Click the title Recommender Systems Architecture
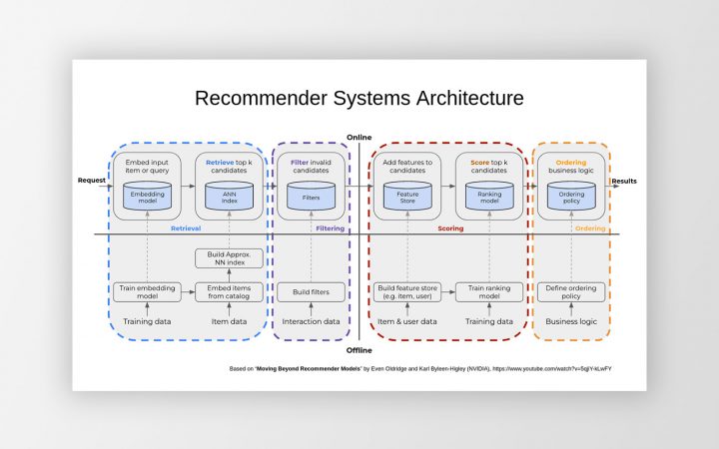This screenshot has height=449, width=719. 359,98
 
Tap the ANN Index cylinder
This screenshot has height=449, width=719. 229,197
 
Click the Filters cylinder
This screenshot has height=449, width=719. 311,197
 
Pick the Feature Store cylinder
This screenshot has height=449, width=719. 406,197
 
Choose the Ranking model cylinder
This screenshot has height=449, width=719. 489,197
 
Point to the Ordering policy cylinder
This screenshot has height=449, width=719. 571,197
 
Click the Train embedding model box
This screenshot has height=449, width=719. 146,292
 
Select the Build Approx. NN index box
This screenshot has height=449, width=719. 229,258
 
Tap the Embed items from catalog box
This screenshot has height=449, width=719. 229,292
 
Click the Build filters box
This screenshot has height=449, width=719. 311,292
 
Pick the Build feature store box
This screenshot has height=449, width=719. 406,292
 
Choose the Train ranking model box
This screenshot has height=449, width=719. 489,292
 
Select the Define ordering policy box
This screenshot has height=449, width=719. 571,292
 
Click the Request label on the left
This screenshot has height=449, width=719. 92,181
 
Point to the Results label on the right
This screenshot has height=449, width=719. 624,181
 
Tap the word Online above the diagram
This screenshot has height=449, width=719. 359,137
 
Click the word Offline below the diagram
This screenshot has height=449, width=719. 359,350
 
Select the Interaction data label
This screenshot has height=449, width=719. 311,321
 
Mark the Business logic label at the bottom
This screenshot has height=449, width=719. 571,321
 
